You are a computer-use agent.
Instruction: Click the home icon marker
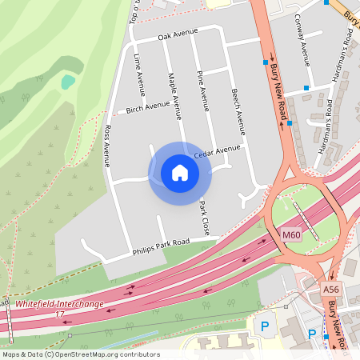coord(180,172)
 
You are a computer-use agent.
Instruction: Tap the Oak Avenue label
coord(177,34)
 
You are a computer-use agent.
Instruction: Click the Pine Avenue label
coord(203,90)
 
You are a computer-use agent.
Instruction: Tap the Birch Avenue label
coord(148,106)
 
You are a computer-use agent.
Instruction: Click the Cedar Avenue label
coord(216,149)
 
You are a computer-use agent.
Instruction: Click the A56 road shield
coord(331,289)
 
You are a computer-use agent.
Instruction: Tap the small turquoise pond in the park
coord(68,81)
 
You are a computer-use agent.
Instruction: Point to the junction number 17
coord(58,313)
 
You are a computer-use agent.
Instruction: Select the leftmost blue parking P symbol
coord(264,326)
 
